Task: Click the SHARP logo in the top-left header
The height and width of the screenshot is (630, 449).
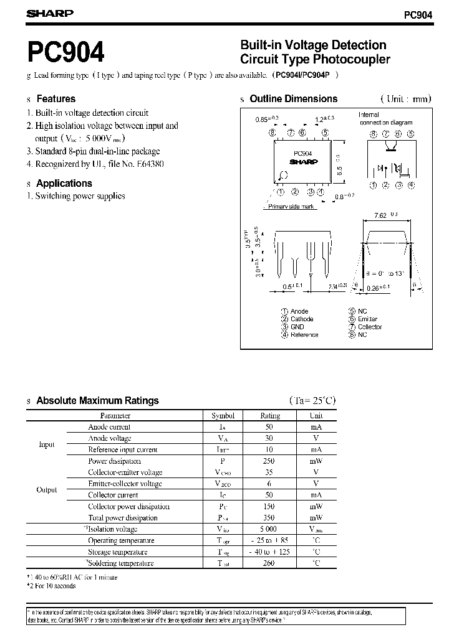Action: coord(49,13)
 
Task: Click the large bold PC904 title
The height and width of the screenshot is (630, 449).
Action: coord(65,53)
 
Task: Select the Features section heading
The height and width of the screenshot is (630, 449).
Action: coord(56,99)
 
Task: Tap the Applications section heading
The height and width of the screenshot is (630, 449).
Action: coord(64,184)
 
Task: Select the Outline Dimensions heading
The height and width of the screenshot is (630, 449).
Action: coord(293,99)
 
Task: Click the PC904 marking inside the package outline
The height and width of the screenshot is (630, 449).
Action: coord(302,153)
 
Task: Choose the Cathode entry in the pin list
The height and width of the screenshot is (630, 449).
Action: coord(302,319)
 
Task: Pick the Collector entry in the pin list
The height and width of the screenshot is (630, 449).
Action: coord(370,327)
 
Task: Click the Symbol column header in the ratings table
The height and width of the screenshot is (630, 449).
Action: coord(223,416)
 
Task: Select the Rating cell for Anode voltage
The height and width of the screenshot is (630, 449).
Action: coord(269,438)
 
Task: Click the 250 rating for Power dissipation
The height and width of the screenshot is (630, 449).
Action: coord(269,461)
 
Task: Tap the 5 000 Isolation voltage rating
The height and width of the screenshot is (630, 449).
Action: coord(269,529)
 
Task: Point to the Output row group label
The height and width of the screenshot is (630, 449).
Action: coord(47,490)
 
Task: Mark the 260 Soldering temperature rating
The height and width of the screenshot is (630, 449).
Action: coord(269,563)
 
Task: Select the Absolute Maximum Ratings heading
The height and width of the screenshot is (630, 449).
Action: coord(97,401)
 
